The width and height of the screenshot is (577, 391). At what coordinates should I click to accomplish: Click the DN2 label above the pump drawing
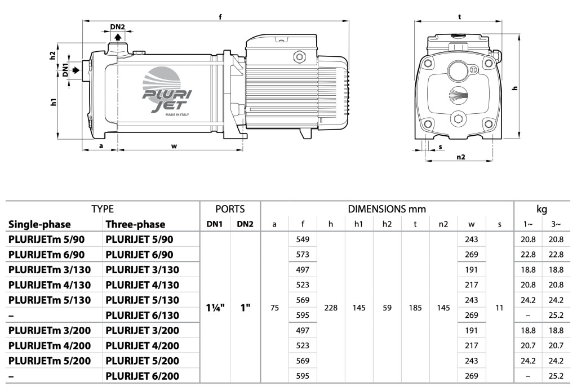click(117, 27)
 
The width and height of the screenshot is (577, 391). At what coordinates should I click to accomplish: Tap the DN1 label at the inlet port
click(65, 70)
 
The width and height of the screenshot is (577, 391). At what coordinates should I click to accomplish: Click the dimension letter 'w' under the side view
click(174, 146)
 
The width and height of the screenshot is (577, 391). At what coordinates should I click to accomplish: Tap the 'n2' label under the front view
click(460, 157)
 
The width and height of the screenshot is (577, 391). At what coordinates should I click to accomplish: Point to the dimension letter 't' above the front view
click(460, 17)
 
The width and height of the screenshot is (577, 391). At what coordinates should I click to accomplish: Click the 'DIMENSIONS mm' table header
click(387, 209)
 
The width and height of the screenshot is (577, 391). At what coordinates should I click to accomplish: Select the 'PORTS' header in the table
click(230, 209)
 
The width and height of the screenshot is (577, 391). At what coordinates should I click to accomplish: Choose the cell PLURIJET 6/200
click(143, 375)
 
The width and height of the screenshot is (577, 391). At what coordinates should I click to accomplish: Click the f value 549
click(303, 239)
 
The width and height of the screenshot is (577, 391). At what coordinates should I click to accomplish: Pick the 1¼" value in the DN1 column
click(216, 308)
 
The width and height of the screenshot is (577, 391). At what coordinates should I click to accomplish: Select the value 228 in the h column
click(331, 308)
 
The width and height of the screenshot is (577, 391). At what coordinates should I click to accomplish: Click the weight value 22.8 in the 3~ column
click(556, 254)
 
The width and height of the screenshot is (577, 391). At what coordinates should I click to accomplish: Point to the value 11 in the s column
click(499, 308)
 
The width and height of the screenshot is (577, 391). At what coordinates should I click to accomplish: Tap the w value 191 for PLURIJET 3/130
click(471, 270)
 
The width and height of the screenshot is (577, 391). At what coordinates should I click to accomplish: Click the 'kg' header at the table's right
click(542, 209)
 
